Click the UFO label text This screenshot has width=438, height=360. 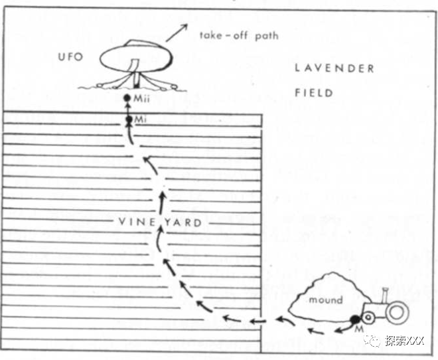(x=70, y=57)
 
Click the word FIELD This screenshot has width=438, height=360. (x=314, y=93)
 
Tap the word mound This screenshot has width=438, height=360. (x=326, y=300)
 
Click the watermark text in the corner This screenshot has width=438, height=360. (x=407, y=340)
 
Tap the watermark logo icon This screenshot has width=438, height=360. (x=376, y=340)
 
